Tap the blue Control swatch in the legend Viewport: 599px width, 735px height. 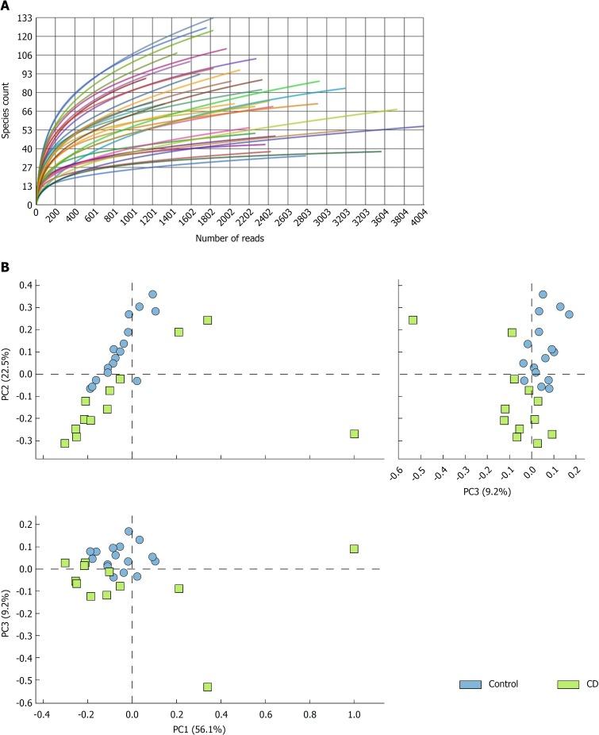470,683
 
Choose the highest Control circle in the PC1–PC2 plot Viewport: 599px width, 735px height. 152,294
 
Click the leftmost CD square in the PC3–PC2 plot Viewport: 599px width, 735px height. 413,321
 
